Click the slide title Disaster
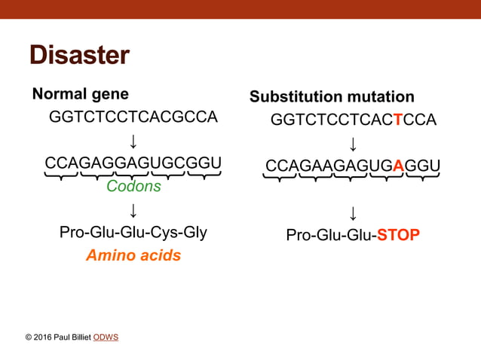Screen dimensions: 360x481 pyautogui.click(x=79, y=55)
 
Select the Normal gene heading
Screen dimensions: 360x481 pyautogui.click(x=80, y=94)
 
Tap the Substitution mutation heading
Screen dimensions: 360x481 pyautogui.click(x=332, y=97)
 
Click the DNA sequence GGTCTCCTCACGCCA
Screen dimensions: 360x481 pyautogui.click(x=133, y=117)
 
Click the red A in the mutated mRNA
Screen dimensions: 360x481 pyautogui.click(x=398, y=166)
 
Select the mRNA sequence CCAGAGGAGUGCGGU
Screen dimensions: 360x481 pyautogui.click(x=133, y=163)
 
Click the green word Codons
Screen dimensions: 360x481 pyautogui.click(x=133, y=187)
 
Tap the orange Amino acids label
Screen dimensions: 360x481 pyautogui.click(x=133, y=255)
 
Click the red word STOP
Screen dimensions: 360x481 pyautogui.click(x=398, y=236)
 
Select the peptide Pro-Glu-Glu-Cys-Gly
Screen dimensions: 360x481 pyautogui.click(x=133, y=232)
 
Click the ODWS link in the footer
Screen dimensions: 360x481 pyautogui.click(x=106, y=337)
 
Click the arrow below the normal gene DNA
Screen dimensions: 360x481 pyautogui.click(x=133, y=141)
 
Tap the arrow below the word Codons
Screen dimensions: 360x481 pyautogui.click(x=133, y=209)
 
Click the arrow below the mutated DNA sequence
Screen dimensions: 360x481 pyautogui.click(x=352, y=143)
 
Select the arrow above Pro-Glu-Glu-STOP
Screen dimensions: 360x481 pyautogui.click(x=352, y=212)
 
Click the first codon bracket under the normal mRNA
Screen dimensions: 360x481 pyautogui.click(x=61, y=176)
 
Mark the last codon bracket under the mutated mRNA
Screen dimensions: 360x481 pyautogui.click(x=422, y=178)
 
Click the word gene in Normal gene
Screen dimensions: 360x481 pyautogui.click(x=109, y=95)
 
